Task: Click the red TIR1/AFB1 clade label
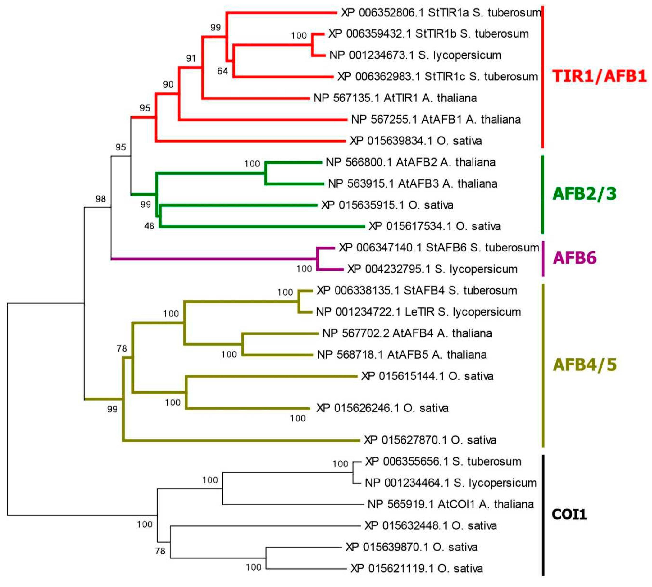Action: click(599, 76)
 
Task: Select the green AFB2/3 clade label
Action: click(584, 194)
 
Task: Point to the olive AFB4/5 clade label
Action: click(584, 365)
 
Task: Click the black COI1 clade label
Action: click(569, 514)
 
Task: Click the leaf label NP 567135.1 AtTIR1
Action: click(395, 98)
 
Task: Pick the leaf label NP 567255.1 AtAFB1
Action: click(436, 119)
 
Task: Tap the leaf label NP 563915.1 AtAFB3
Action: click(412, 183)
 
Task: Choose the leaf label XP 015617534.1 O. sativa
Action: click(434, 226)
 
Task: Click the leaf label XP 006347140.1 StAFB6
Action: click(439, 248)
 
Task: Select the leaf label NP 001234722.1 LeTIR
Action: click(418, 312)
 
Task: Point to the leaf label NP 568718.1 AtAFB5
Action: click(401, 355)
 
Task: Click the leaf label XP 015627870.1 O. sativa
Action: click(430, 440)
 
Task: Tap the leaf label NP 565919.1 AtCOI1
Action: click(450, 504)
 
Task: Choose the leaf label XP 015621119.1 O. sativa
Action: click(416, 568)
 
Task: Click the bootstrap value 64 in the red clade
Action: click(222, 71)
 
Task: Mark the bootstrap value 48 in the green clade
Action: click(149, 226)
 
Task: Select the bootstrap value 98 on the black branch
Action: click(101, 199)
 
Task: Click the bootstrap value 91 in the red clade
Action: click(191, 58)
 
